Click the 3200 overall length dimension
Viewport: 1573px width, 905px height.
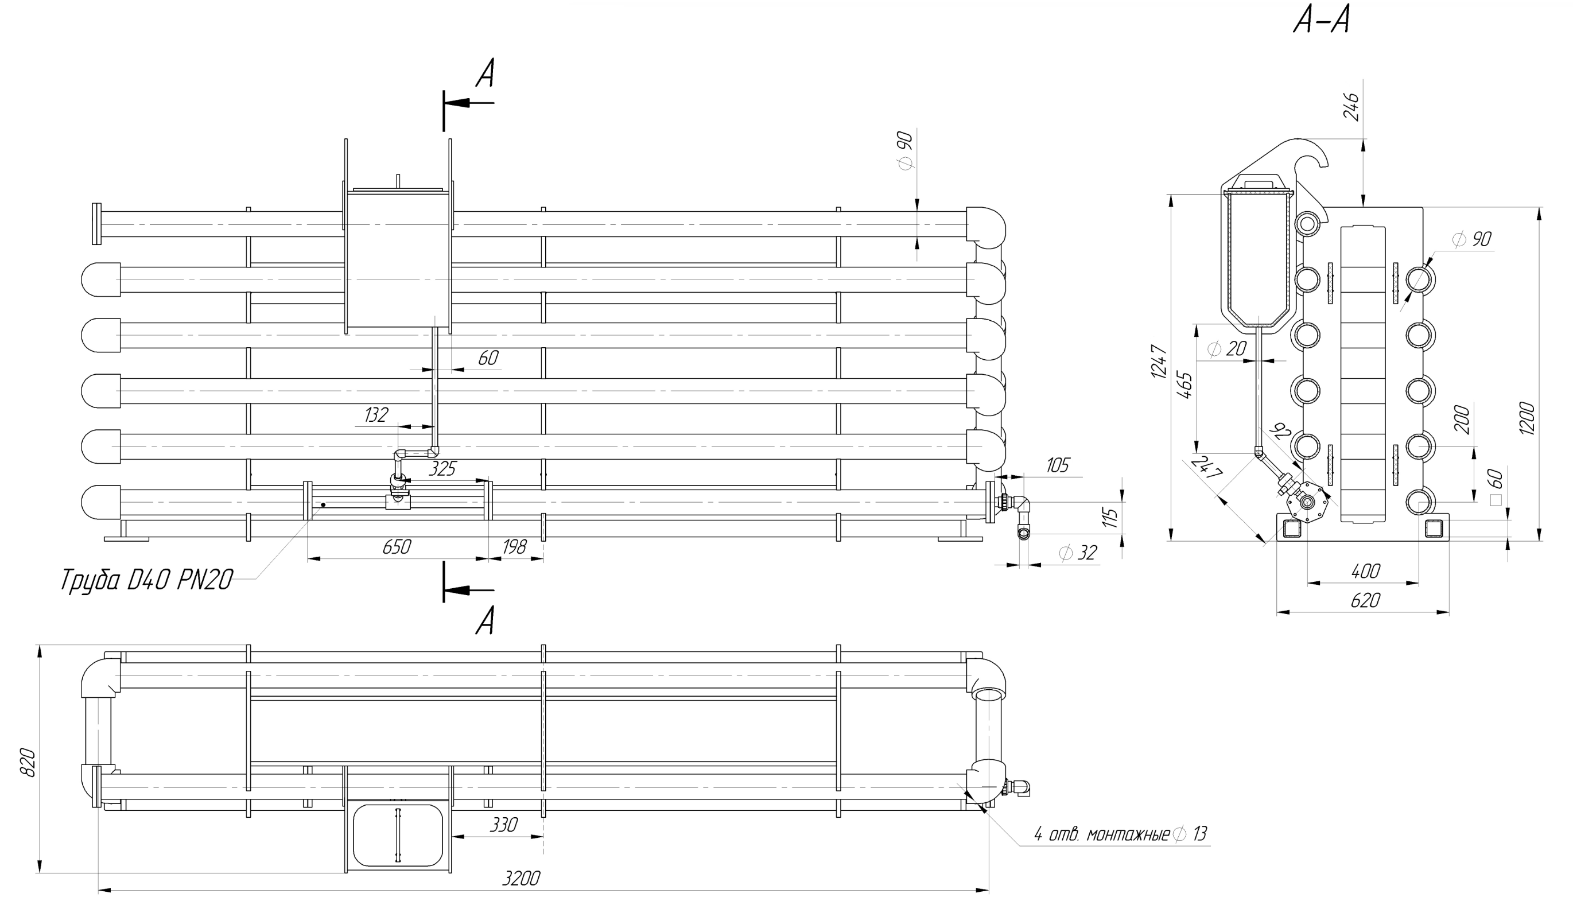pyautogui.click(x=521, y=877)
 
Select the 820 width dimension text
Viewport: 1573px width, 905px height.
pyautogui.click(x=28, y=762)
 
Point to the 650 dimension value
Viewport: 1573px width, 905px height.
pyautogui.click(x=397, y=547)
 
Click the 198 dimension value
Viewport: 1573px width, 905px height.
pyautogui.click(x=514, y=547)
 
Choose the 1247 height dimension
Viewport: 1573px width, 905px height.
pyautogui.click(x=1159, y=362)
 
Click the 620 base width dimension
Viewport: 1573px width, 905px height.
pyautogui.click(x=1365, y=600)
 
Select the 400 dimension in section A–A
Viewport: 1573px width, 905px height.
pyautogui.click(x=1365, y=570)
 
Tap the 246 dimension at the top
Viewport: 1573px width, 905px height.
pyautogui.click(x=1351, y=107)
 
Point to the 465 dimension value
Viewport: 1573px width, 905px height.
pyautogui.click(x=1185, y=386)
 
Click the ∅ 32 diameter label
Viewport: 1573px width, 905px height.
pyautogui.click(x=1078, y=553)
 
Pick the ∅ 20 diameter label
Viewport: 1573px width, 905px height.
pyautogui.click(x=1227, y=349)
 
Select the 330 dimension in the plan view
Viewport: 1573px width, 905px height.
pyautogui.click(x=503, y=825)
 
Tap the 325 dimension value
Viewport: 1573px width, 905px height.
pyautogui.click(x=442, y=469)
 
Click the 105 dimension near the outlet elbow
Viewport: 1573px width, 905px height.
pyautogui.click(x=1058, y=465)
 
